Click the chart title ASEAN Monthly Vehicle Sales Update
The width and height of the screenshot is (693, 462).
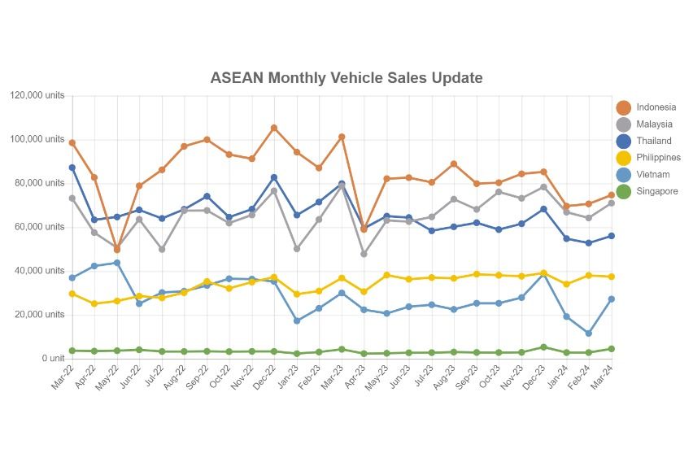click(346, 78)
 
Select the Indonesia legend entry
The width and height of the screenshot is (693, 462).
click(656, 107)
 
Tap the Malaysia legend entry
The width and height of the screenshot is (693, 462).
click(654, 124)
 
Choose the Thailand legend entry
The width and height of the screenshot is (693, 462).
click(654, 142)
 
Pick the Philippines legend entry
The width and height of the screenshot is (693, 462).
click(658, 158)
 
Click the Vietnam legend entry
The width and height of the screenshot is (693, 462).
click(653, 175)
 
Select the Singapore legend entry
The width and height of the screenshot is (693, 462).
click(656, 192)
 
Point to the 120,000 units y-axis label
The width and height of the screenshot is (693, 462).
click(37, 96)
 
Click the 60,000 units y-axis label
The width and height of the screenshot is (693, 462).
click(40, 227)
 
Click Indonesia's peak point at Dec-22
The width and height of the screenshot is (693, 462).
click(274, 128)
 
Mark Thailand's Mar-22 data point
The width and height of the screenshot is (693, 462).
click(72, 168)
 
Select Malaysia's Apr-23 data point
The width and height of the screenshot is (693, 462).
click(364, 254)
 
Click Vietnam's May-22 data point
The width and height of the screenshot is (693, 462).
click(117, 263)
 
